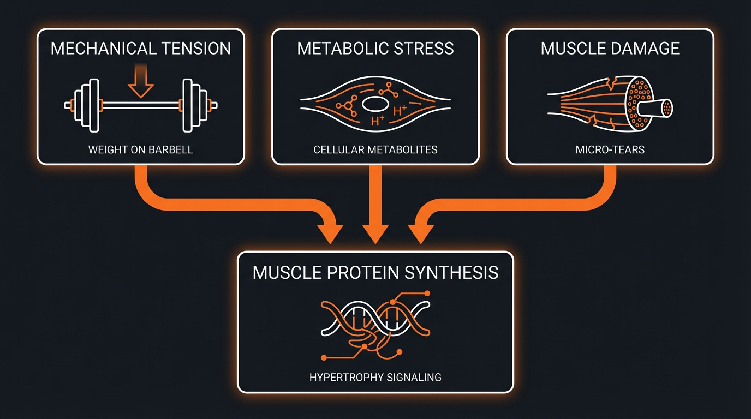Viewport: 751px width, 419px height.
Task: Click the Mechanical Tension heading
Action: tap(140, 48)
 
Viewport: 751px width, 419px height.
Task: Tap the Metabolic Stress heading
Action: tap(375, 48)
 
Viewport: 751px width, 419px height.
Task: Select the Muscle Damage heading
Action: tap(610, 48)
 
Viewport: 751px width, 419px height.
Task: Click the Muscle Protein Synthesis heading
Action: tap(375, 272)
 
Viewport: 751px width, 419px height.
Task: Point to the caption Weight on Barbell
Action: tap(140, 149)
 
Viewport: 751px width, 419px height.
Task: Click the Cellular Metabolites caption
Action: tap(375, 149)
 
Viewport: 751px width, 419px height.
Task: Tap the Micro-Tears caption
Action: tap(610, 149)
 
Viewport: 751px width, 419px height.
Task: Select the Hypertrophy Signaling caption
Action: tap(375, 377)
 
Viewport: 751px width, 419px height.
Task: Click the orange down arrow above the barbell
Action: tap(141, 82)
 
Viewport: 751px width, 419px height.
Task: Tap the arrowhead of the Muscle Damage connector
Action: tap(419, 233)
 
